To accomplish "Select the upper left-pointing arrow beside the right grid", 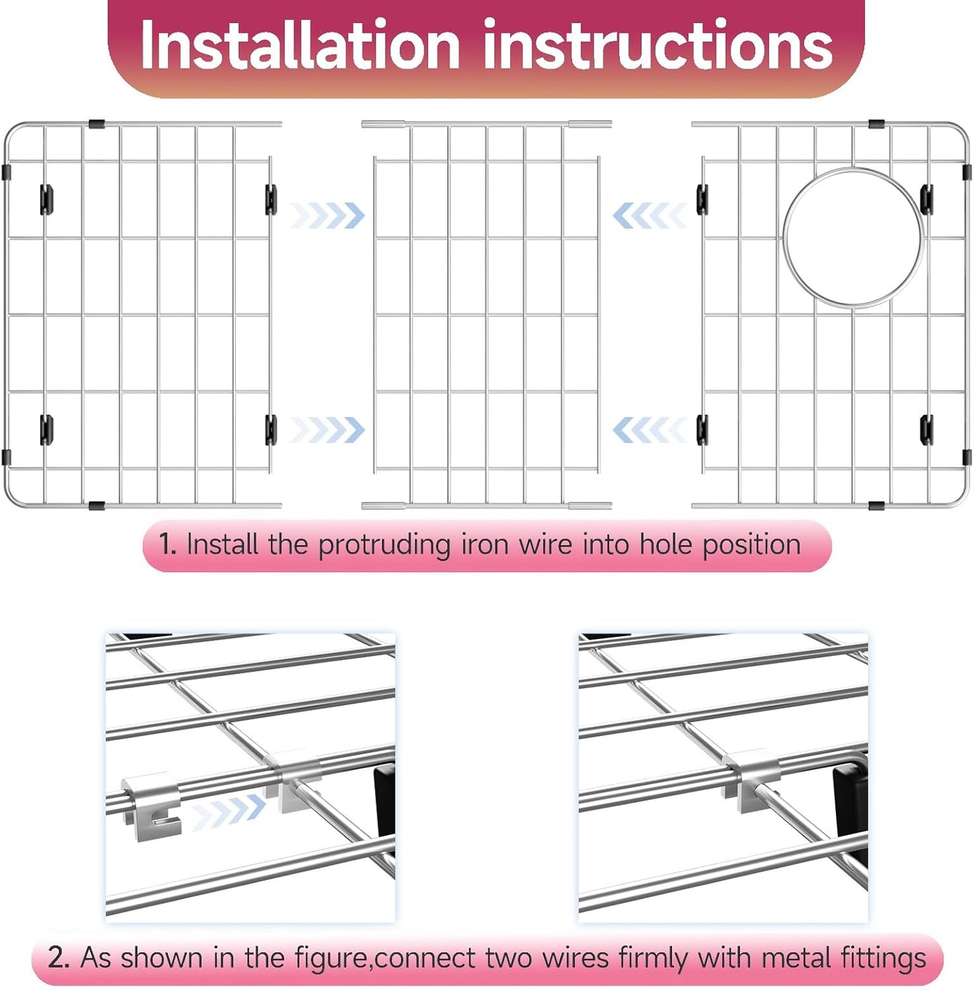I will tap(648, 216).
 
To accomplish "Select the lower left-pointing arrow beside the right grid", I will tap(648, 430).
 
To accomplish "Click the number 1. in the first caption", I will tap(167, 544).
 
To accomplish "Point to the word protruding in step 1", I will tap(384, 545).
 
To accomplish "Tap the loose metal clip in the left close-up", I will tap(152, 805).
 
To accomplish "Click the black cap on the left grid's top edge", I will tap(96, 125).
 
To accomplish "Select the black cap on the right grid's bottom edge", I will tap(876, 505).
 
